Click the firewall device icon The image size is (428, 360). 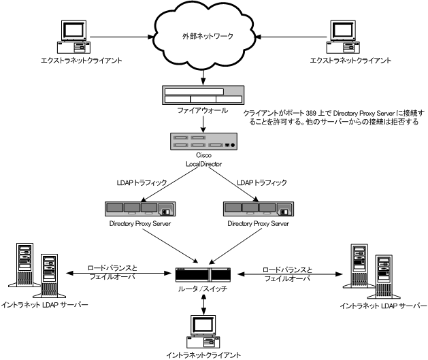[x=203, y=95]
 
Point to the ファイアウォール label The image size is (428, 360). [x=202, y=112]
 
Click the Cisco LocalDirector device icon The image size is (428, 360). [x=203, y=142]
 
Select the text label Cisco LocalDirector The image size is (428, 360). [x=203, y=160]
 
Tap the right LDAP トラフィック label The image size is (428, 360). [x=260, y=182]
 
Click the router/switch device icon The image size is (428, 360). [x=202, y=274]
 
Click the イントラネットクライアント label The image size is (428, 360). [x=203, y=354]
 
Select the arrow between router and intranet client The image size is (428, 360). [x=202, y=306]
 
